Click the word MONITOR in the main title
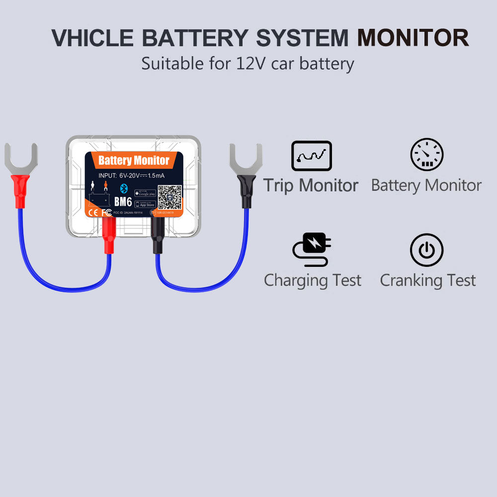coord(413,38)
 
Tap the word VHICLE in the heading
coord(92,38)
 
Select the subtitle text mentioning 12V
coord(248,64)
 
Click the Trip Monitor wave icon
coord(311,156)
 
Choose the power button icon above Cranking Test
coord(426,249)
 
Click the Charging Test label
coord(313,280)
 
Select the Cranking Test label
coord(427,280)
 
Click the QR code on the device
coord(170,198)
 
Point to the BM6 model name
coord(123,202)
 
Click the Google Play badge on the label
coord(145,193)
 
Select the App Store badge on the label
coord(145,204)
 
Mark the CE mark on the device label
coord(93,212)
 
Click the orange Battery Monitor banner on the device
coord(134,160)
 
